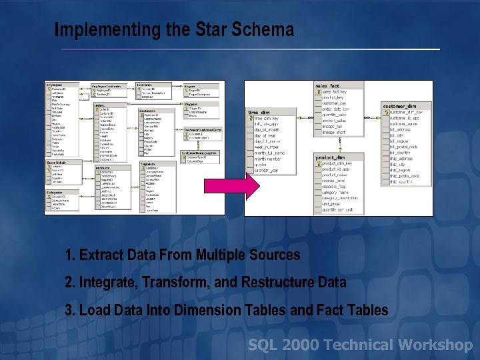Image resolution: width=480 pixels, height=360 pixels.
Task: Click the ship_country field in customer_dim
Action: coord(406,181)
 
